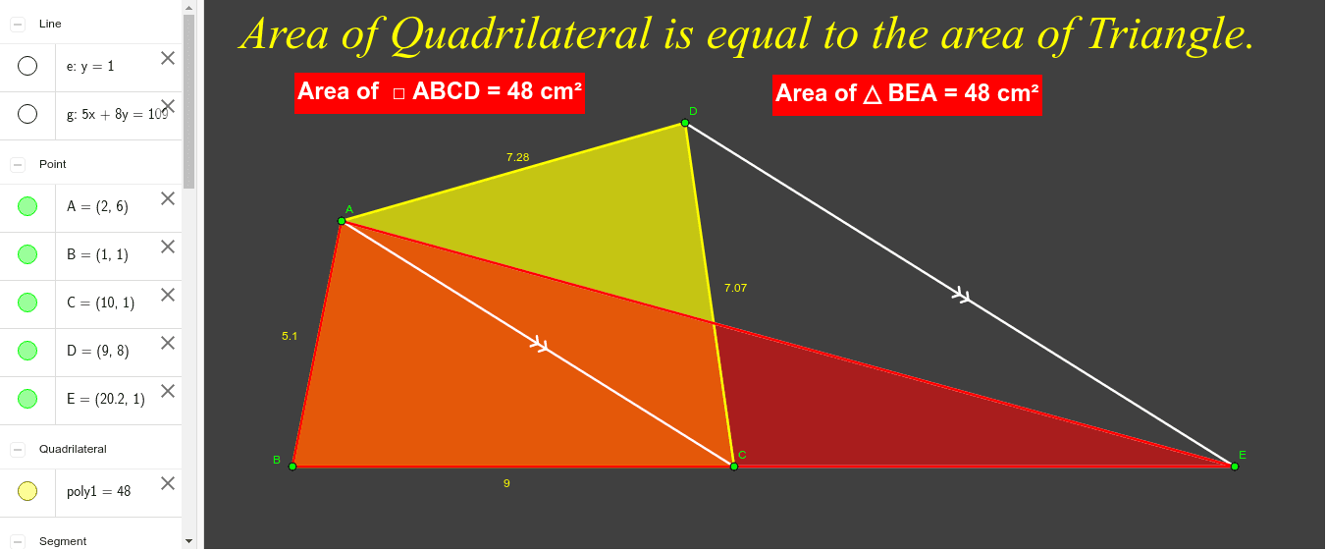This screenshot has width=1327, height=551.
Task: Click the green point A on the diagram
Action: pyautogui.click(x=342, y=221)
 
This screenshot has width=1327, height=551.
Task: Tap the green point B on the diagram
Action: pyautogui.click(x=292, y=467)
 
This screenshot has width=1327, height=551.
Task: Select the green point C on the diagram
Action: pyautogui.click(x=734, y=467)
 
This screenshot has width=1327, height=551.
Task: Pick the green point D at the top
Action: pyautogui.click(x=685, y=123)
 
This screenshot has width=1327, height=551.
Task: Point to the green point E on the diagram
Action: pyautogui.click(x=1235, y=467)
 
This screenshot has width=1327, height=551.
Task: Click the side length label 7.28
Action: pyautogui.click(x=517, y=157)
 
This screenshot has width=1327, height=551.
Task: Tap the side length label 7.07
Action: pyautogui.click(x=735, y=288)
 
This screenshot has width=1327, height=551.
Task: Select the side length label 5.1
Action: pyautogui.click(x=290, y=336)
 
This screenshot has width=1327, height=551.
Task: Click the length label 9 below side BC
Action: pyautogui.click(x=506, y=483)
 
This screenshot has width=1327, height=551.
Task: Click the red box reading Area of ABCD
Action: pyautogui.click(x=439, y=92)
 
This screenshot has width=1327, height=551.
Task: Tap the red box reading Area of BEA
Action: pyautogui.click(x=907, y=94)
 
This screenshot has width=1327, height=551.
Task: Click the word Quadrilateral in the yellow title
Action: pyautogui.click(x=520, y=34)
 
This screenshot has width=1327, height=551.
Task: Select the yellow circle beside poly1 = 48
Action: pyautogui.click(x=27, y=491)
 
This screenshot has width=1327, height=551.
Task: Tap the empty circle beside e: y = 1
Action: pyautogui.click(x=27, y=66)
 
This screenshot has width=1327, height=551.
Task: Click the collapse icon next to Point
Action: pyautogui.click(x=18, y=164)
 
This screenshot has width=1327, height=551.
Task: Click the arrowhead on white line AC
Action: pyautogui.click(x=539, y=345)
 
